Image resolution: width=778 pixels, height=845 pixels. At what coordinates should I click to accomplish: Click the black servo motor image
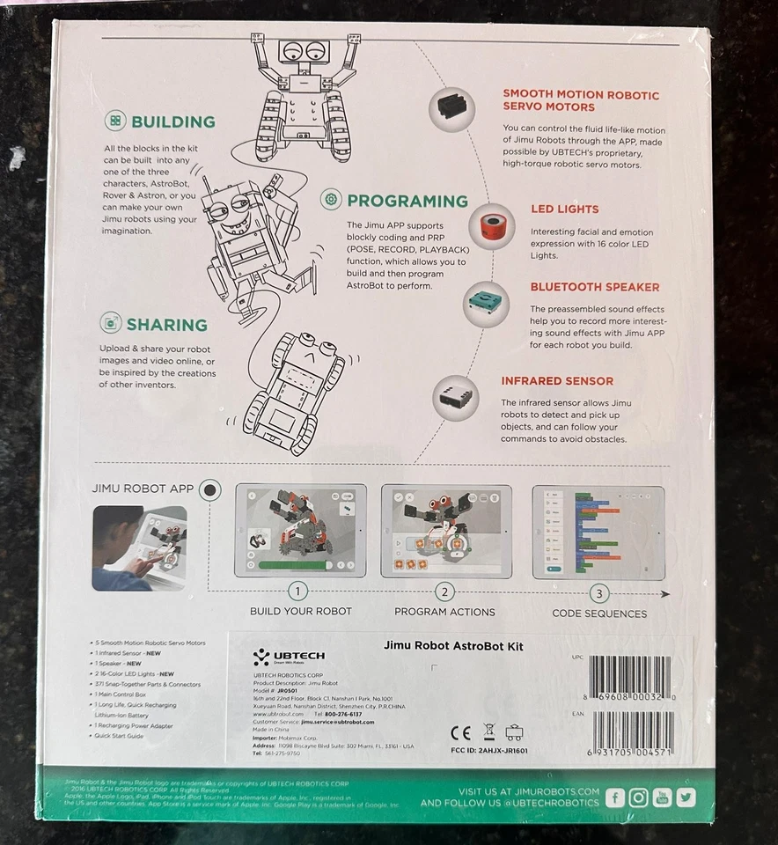pyautogui.click(x=451, y=108)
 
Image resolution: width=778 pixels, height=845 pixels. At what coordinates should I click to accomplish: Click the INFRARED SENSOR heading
pyautogui.click(x=557, y=381)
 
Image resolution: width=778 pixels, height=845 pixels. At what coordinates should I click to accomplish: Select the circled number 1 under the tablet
pyautogui.click(x=300, y=591)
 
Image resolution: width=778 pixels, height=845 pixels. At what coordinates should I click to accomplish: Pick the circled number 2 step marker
pyautogui.click(x=445, y=591)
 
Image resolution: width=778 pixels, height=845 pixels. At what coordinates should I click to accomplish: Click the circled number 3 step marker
pyautogui.click(x=599, y=592)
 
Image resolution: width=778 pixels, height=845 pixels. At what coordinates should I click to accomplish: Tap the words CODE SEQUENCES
pyautogui.click(x=599, y=614)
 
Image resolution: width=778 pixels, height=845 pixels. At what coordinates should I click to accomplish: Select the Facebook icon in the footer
pyautogui.click(x=615, y=797)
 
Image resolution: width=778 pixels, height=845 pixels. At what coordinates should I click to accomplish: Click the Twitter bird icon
pyautogui.click(x=686, y=797)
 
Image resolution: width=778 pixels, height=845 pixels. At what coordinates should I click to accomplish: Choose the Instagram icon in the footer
pyautogui.click(x=639, y=797)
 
